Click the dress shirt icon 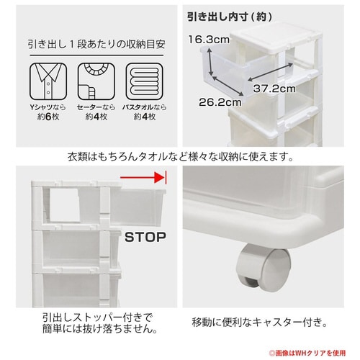click(x=48, y=81)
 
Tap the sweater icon click(x=96, y=81)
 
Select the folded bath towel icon click(x=145, y=81)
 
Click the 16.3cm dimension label click(x=209, y=40)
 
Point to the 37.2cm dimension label click(x=274, y=89)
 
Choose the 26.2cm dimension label click(x=220, y=102)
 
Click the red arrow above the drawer click(x=143, y=178)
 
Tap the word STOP click(x=145, y=237)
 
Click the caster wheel click(x=264, y=268)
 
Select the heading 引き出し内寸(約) click(x=230, y=17)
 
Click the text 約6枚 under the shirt click(x=48, y=117)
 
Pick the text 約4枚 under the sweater click(x=96, y=117)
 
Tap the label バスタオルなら click(x=145, y=107)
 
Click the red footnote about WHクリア click(x=307, y=353)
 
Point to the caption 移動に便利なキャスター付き click(x=260, y=323)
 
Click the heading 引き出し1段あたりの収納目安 click(x=96, y=45)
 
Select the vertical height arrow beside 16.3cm click(x=210, y=62)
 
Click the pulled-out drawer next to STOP click(x=138, y=207)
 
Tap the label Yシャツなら click(x=48, y=107)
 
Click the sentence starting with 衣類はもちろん click(x=181, y=157)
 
